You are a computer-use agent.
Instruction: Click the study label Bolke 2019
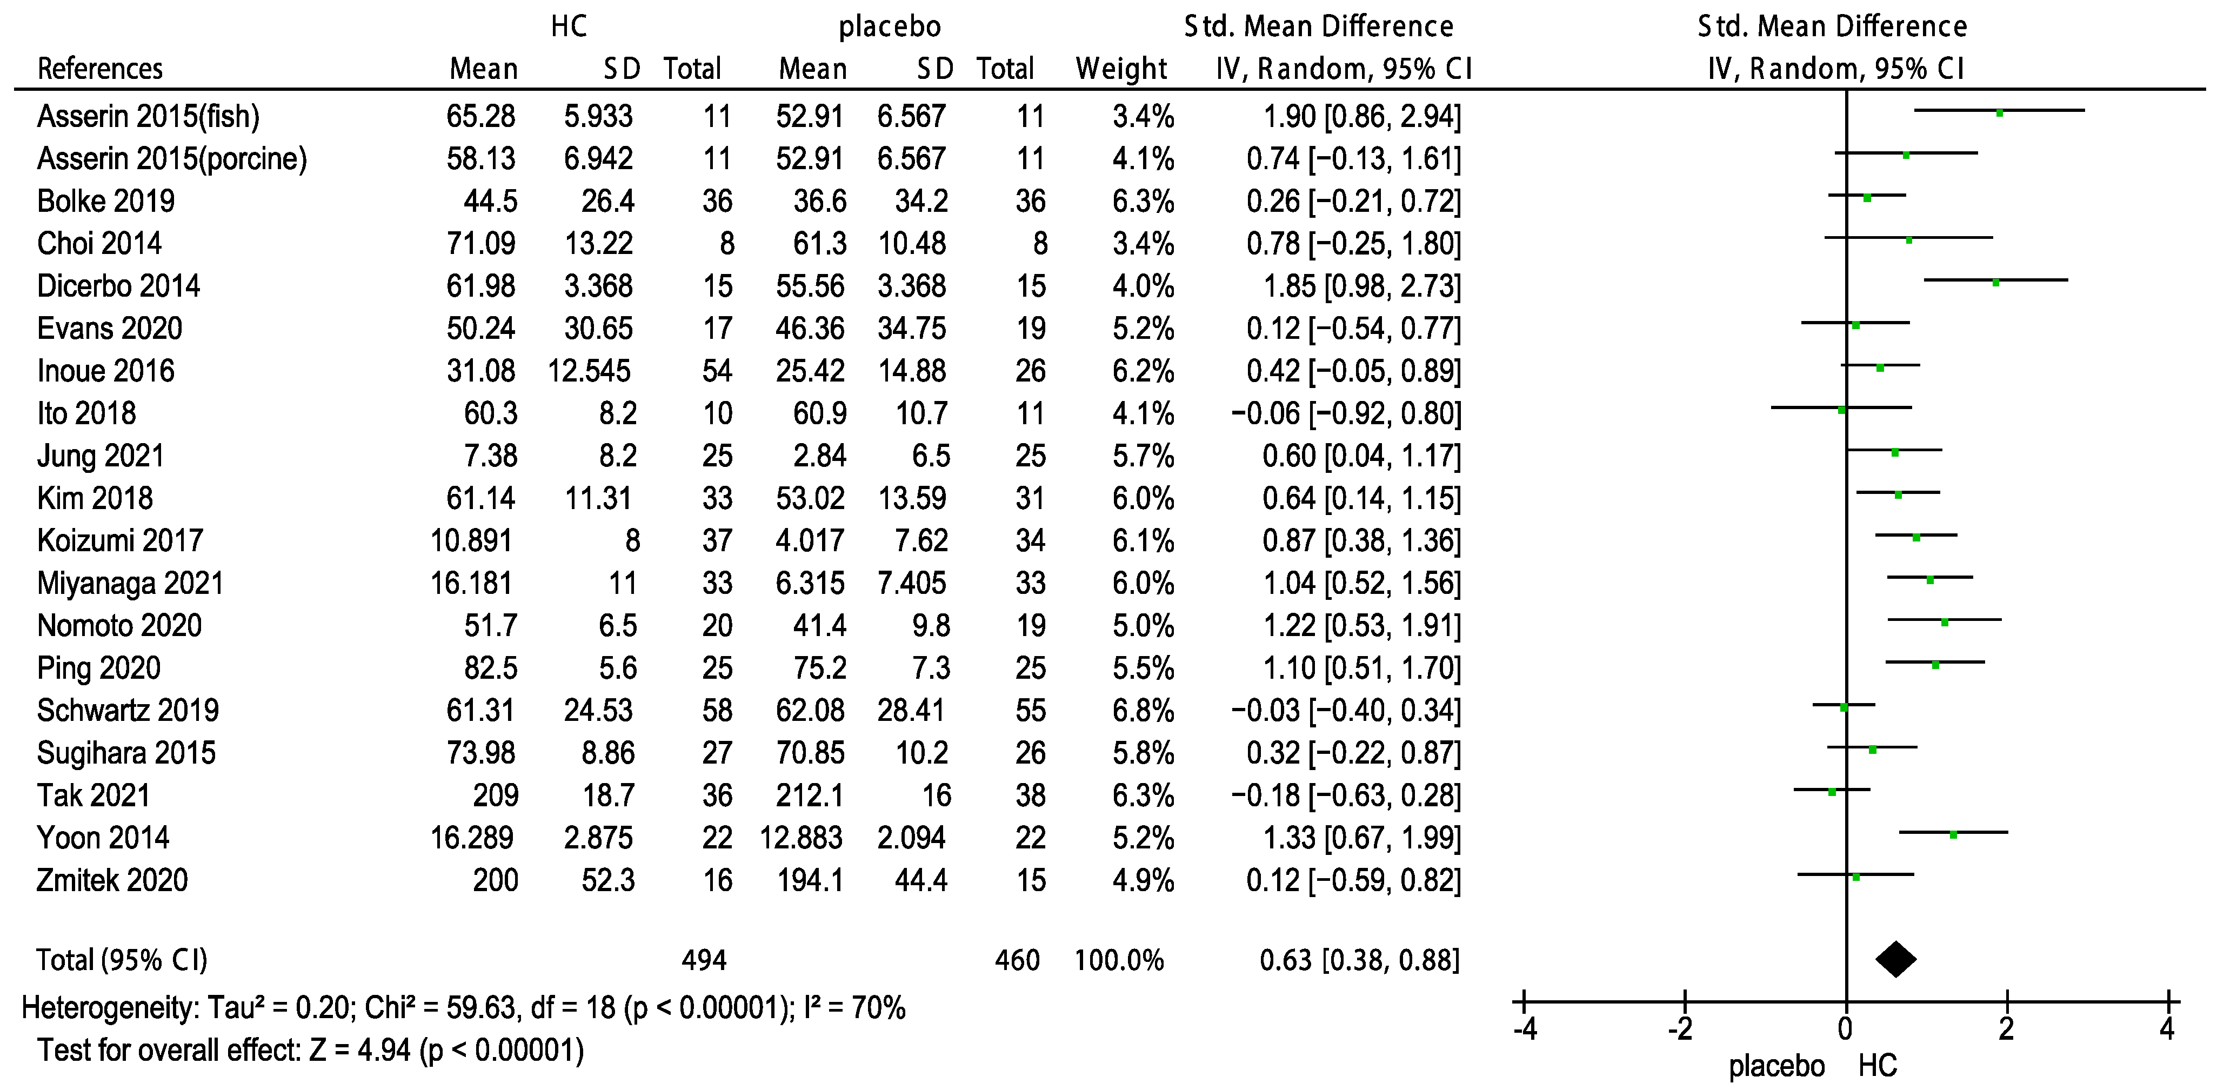click(105, 201)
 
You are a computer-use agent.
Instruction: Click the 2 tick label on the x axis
click(2006, 1029)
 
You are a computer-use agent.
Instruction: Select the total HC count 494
click(704, 960)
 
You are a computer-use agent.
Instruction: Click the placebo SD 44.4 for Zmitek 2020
click(921, 880)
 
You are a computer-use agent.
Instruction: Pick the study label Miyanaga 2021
click(130, 584)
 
